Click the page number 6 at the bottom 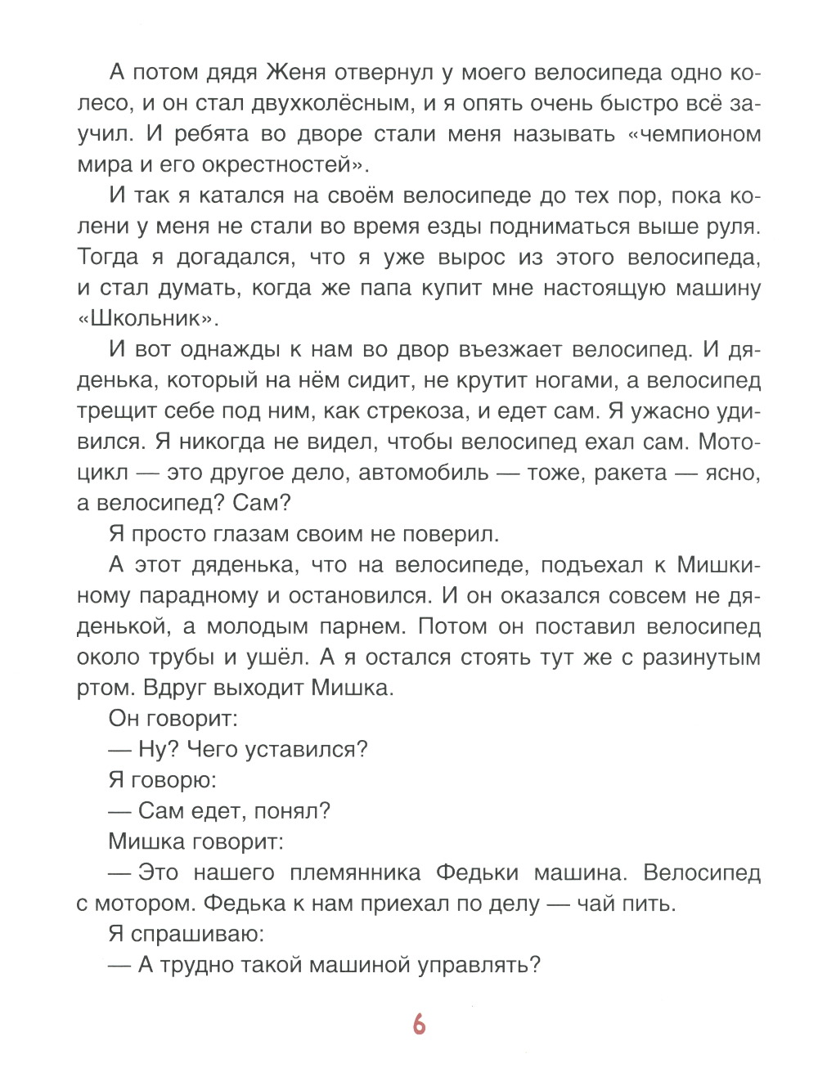(x=419, y=1024)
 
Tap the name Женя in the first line (x=295, y=73)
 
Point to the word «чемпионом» (x=694, y=134)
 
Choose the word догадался (x=233, y=258)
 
